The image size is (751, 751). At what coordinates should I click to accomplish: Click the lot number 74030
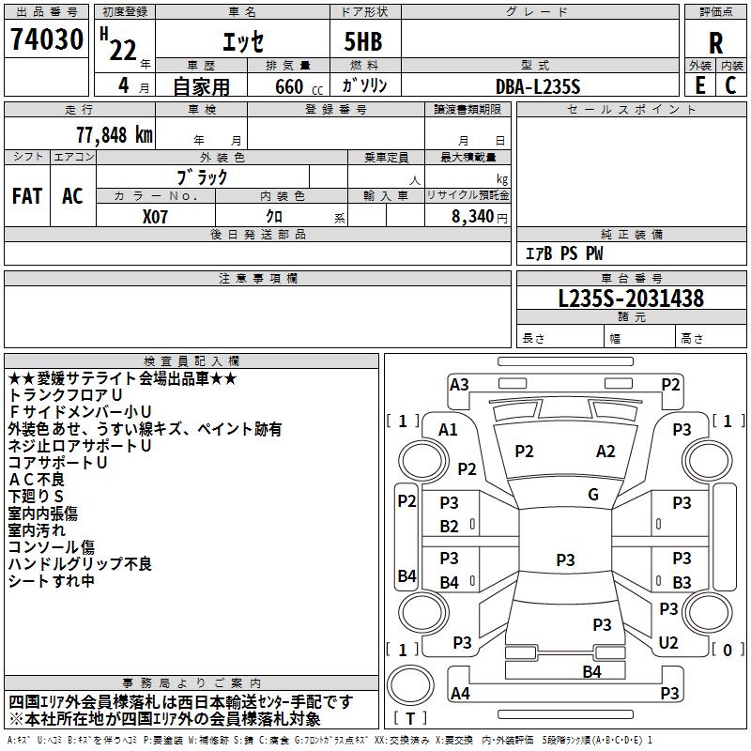(47, 39)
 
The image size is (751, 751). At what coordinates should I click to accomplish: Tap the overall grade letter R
(715, 43)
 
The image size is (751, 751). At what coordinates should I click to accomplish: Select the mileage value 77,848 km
(115, 135)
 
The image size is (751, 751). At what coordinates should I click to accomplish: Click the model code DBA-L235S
(538, 86)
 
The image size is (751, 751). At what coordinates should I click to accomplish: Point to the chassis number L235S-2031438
(631, 299)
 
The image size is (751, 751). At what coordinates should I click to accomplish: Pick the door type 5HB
(363, 41)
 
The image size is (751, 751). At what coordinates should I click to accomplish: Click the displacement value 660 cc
(299, 87)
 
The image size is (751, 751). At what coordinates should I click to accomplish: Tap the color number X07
(155, 217)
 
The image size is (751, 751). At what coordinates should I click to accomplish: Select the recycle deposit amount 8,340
(473, 217)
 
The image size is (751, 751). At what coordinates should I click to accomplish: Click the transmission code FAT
(27, 196)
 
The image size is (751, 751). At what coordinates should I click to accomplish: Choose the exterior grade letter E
(700, 85)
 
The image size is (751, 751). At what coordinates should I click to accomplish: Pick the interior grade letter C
(730, 85)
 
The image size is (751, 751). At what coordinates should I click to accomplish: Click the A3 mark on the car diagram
(459, 385)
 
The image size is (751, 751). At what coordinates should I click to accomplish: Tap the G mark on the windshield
(593, 495)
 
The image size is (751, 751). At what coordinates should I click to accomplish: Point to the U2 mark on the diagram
(668, 643)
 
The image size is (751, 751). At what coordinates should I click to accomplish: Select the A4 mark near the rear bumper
(460, 693)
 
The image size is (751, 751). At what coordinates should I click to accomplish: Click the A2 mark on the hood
(605, 452)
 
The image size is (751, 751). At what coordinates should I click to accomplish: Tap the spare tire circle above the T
(410, 685)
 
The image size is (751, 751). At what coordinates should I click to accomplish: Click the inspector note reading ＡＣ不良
(37, 480)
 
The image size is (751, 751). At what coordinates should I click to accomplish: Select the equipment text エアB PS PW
(565, 253)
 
